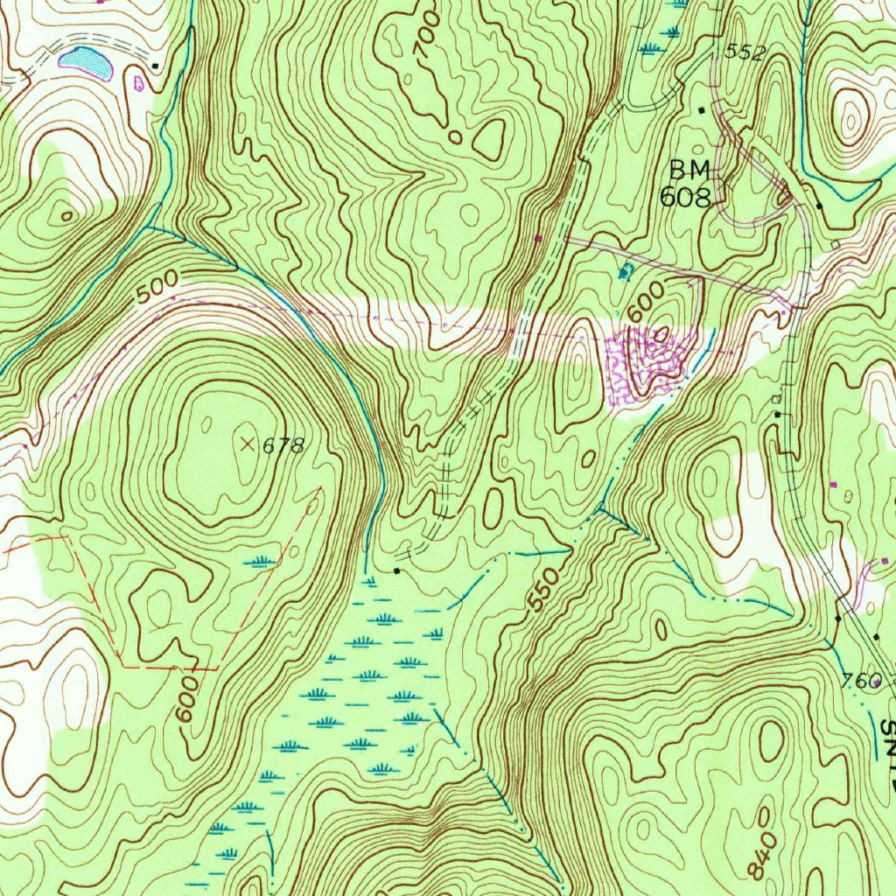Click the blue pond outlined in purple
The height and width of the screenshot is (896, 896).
click(x=85, y=61)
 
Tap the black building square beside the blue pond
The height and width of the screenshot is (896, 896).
click(x=156, y=66)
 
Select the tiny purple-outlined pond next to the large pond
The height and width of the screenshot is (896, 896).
click(x=138, y=84)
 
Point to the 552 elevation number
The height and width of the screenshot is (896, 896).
click(x=745, y=52)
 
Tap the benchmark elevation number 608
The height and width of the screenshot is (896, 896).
click(x=685, y=196)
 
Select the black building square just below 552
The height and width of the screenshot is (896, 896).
click(x=701, y=109)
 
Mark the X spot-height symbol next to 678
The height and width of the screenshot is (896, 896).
click(x=248, y=444)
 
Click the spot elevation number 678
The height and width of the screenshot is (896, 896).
click(x=283, y=446)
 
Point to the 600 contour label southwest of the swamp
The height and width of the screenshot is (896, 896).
click(x=187, y=700)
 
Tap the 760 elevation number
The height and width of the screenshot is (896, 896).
click(x=861, y=680)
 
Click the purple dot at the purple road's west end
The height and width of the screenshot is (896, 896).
click(x=538, y=237)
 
